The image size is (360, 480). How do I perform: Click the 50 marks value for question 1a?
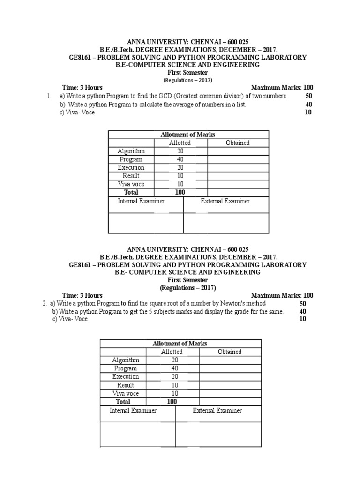click(x=309, y=96)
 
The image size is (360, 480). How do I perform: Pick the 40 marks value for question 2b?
click(x=303, y=312)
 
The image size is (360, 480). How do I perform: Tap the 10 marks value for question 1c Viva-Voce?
click(x=308, y=112)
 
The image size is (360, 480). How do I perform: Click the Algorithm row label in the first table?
click(x=131, y=151)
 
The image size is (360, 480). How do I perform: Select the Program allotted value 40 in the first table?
click(x=180, y=159)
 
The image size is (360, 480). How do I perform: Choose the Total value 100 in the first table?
click(x=180, y=192)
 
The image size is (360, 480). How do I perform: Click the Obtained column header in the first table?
click(x=238, y=143)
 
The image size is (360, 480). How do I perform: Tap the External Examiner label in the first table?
click(x=225, y=201)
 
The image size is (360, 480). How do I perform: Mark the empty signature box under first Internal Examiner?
click(x=146, y=223)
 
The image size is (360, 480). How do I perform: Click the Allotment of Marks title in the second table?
click(x=180, y=344)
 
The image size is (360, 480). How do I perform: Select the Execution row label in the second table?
click(x=126, y=376)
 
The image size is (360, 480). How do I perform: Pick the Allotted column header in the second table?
click(x=172, y=352)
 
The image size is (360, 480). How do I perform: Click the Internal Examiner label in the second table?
click(x=133, y=410)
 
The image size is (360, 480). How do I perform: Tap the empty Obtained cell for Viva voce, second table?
click(x=230, y=393)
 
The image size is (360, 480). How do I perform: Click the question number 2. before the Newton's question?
click(x=45, y=303)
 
